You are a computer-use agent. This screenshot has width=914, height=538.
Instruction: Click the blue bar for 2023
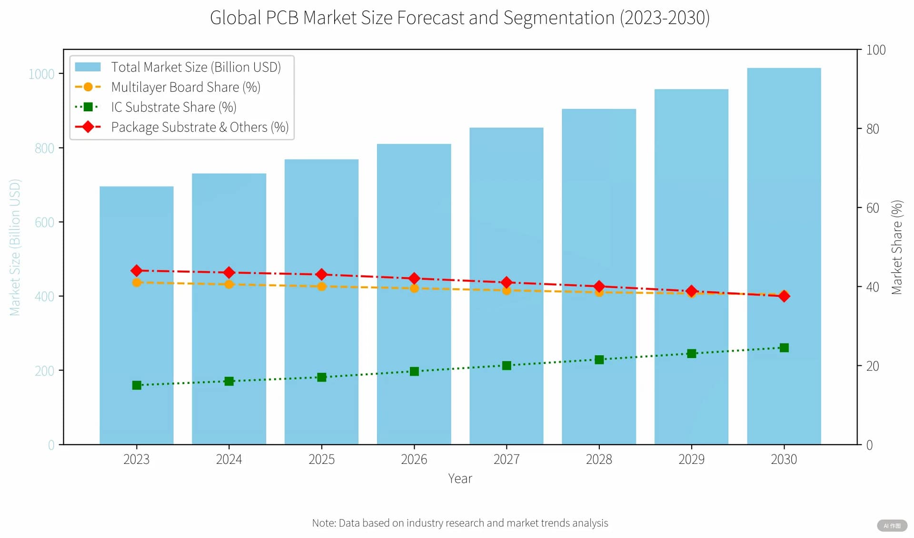tap(136, 333)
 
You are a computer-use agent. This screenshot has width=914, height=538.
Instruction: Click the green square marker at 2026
tap(414, 372)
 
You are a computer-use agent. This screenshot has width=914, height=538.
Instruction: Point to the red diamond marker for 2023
tap(137, 271)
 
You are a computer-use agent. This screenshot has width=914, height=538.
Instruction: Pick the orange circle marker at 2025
tap(321, 286)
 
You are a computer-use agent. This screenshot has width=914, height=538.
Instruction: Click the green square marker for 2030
tap(784, 348)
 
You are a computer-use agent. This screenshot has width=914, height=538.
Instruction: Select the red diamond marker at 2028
tap(599, 286)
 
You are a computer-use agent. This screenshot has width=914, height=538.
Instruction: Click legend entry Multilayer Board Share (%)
tap(185, 87)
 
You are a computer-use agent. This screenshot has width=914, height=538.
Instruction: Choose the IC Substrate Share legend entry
tap(173, 107)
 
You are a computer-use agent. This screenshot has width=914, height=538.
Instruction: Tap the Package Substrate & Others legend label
tap(199, 127)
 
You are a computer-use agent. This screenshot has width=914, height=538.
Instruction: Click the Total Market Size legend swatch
tap(88, 67)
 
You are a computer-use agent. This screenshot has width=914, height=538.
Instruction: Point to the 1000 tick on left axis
tap(41, 74)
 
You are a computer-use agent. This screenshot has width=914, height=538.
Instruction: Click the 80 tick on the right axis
tap(872, 129)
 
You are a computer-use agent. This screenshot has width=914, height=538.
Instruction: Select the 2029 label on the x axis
tap(691, 459)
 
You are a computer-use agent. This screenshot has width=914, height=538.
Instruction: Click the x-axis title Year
tap(460, 479)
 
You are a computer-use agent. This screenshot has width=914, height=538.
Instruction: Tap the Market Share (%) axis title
tap(896, 247)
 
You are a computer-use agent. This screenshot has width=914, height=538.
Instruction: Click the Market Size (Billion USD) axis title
tap(15, 247)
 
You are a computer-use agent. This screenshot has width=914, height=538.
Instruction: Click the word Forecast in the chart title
tap(431, 18)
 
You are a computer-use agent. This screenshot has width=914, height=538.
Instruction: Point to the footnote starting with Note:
tap(460, 523)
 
